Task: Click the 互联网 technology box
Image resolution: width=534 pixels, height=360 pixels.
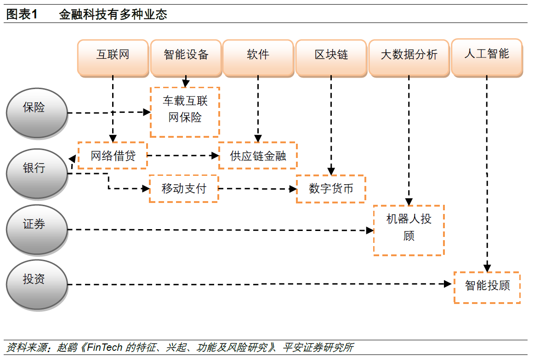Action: click(113, 56)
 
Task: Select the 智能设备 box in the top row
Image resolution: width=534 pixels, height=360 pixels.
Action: click(186, 56)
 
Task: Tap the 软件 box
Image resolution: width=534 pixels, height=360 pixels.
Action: click(258, 56)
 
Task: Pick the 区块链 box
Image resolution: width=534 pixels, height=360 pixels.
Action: click(331, 56)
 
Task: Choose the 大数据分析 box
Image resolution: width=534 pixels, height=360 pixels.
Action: click(409, 56)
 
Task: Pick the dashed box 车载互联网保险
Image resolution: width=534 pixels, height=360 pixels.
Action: click(185, 112)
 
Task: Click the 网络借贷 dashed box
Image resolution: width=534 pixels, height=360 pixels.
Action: click(113, 156)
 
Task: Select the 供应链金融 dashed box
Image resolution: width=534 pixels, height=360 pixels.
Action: click(258, 156)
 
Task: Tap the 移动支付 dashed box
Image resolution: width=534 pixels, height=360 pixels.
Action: click(184, 188)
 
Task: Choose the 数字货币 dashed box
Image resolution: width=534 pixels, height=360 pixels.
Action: click(331, 189)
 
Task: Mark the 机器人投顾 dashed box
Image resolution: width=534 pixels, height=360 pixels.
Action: click(409, 230)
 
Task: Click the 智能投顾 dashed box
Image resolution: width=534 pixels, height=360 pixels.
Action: click(487, 287)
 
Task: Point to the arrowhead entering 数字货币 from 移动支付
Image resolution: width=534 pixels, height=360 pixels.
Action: click(293, 189)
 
